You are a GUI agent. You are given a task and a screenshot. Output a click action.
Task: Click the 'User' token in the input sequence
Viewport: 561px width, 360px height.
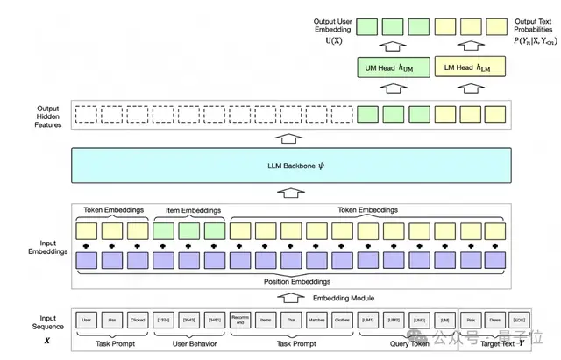pyautogui.click(x=87, y=320)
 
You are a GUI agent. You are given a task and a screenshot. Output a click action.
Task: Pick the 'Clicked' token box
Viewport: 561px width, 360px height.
pyautogui.click(x=138, y=320)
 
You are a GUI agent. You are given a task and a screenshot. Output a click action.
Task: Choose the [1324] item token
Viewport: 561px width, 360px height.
pyautogui.click(x=164, y=320)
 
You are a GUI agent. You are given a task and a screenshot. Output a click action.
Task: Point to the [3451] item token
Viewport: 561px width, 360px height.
pyautogui.click(x=215, y=320)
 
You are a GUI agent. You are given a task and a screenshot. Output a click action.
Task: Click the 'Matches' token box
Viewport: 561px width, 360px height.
pyautogui.click(x=317, y=320)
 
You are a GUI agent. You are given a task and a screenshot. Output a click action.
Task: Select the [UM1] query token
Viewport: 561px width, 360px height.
pyautogui.click(x=368, y=320)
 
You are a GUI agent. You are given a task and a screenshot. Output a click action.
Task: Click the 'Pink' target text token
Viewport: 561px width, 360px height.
pyautogui.click(x=471, y=320)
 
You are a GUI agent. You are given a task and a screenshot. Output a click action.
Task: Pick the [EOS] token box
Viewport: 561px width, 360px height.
pyautogui.click(x=522, y=320)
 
